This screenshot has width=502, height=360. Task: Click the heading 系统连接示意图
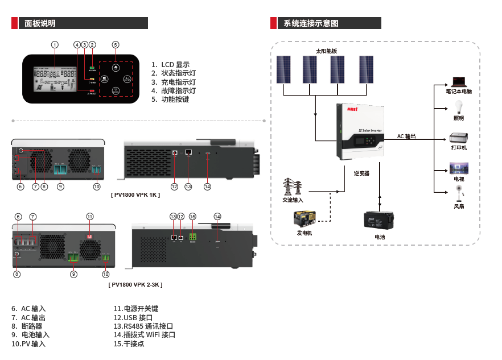pos(311,23)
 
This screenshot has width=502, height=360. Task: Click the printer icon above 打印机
pos(459,138)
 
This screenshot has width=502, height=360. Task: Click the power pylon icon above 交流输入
pos(293,187)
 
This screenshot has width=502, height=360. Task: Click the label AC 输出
pos(406,136)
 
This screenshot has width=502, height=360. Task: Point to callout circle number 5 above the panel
pos(116,44)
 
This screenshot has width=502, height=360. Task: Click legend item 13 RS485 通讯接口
pos(143,326)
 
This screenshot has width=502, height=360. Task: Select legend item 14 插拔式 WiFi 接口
pos(145,335)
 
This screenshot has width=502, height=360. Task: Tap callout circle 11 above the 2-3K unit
pos(89,217)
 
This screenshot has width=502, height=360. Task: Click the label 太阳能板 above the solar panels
pos(327,51)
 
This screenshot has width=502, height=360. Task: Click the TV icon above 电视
pos(459,168)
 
